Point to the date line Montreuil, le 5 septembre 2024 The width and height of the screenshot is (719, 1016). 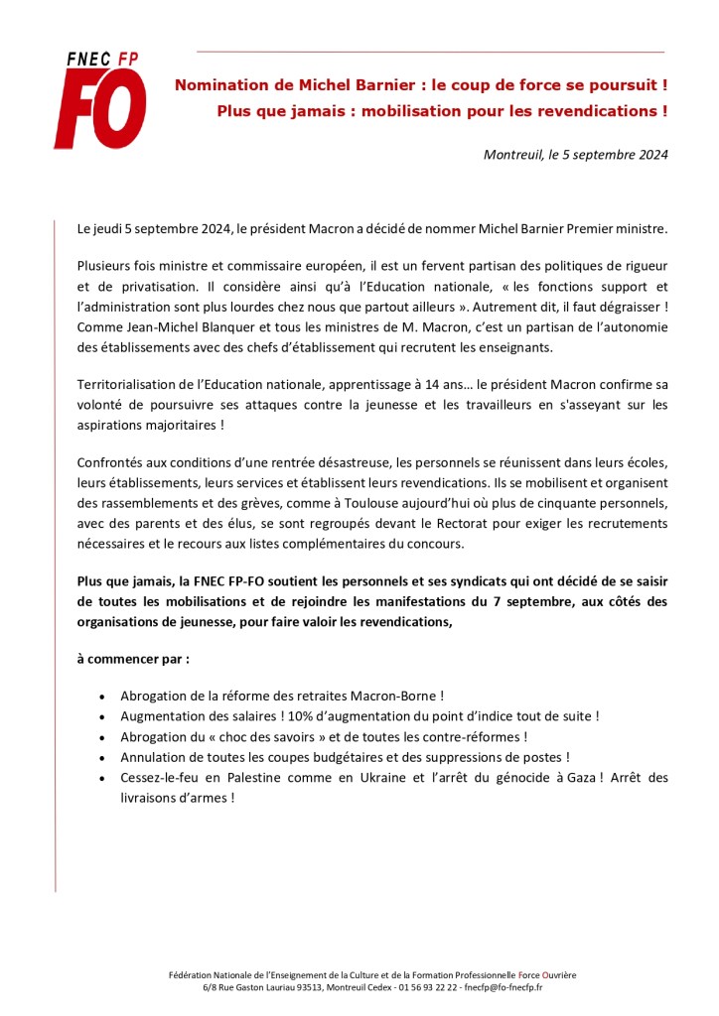575,155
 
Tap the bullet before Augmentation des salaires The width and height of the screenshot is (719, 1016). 103,716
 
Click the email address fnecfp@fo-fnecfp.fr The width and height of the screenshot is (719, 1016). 512,987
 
